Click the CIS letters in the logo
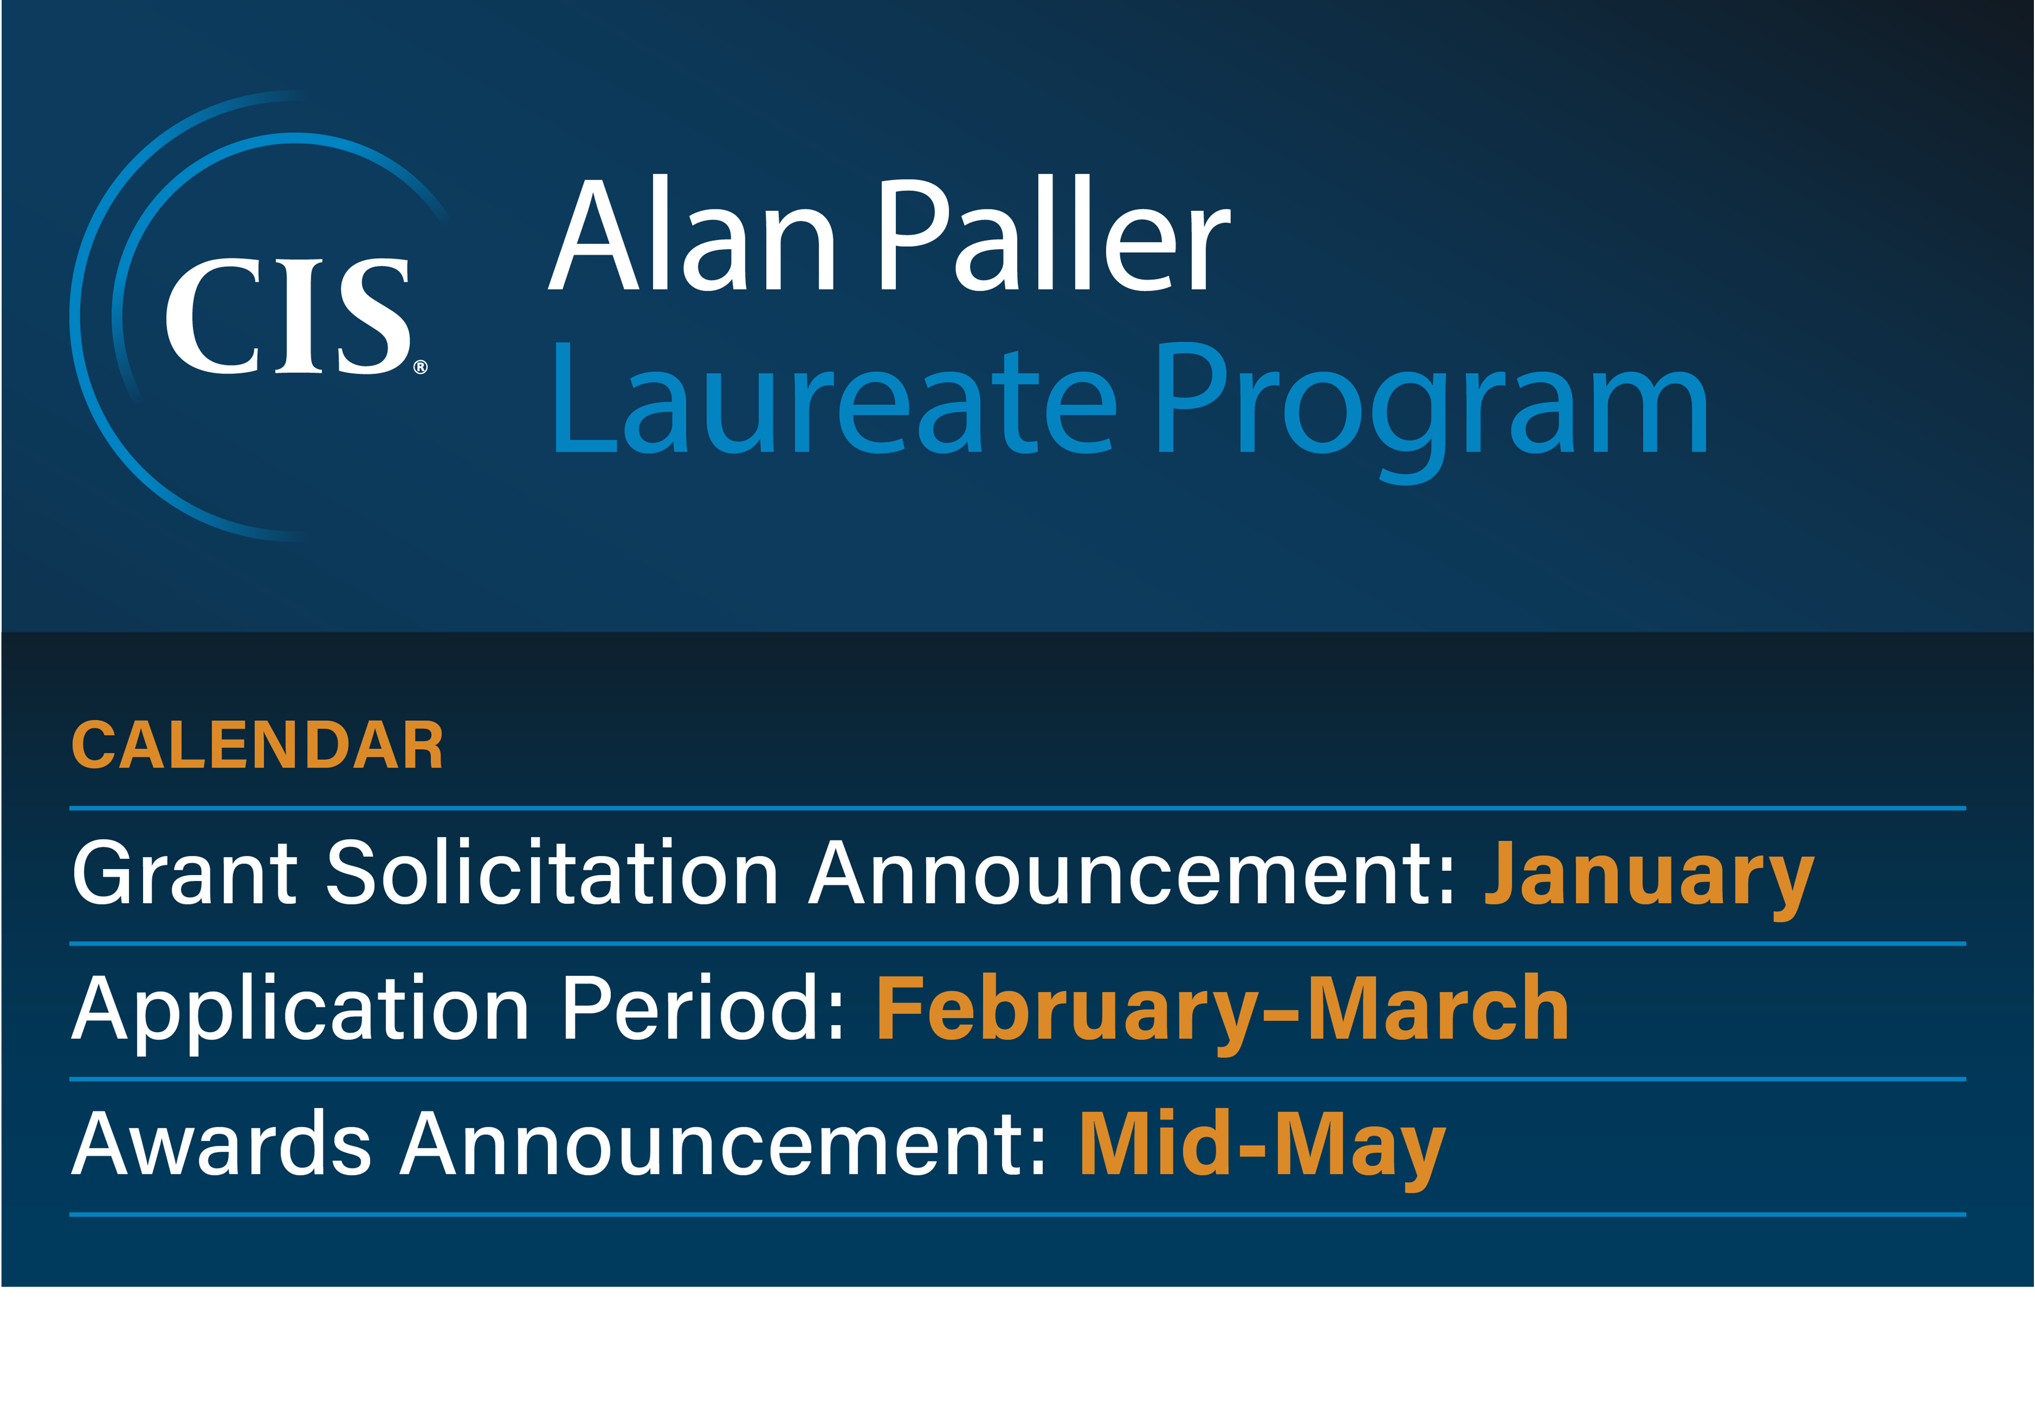tap(288, 316)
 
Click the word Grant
tap(184, 872)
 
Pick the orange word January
tap(1649, 877)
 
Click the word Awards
tap(221, 1143)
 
